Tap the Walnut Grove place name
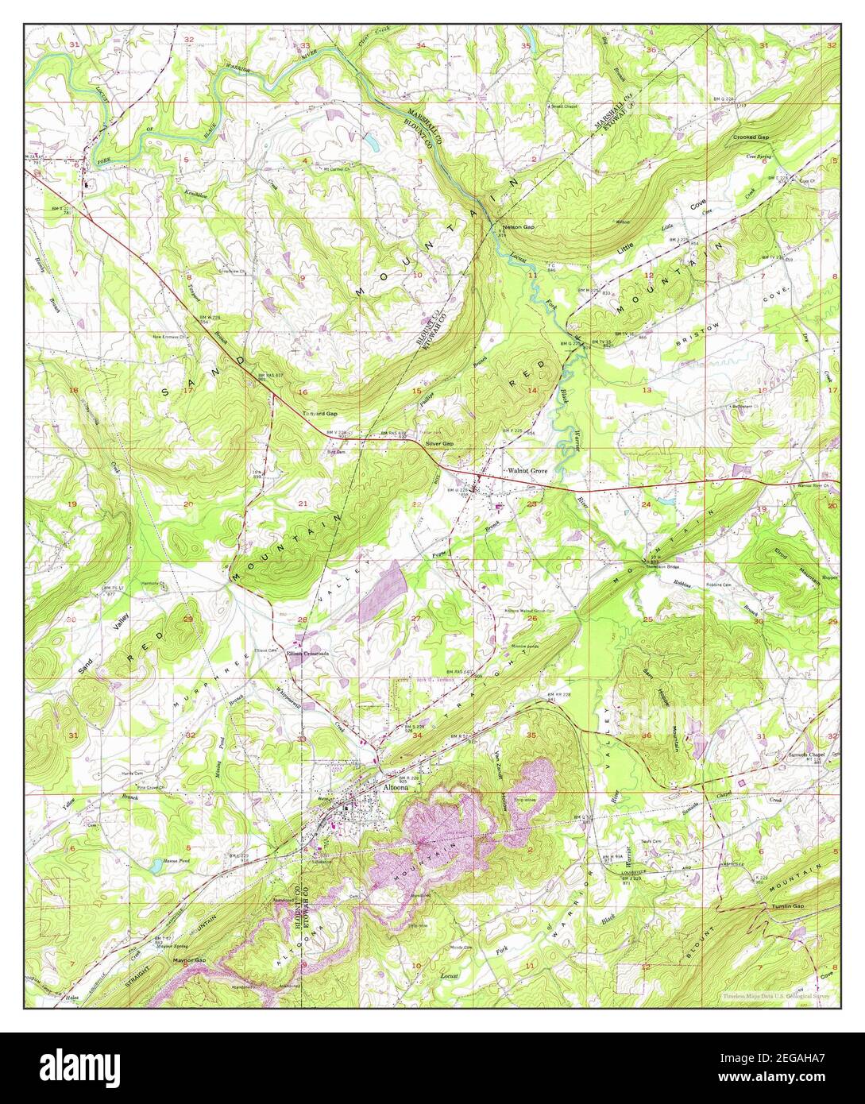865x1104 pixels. (528, 471)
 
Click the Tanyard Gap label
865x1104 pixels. (319, 414)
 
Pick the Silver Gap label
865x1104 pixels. (439, 443)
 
